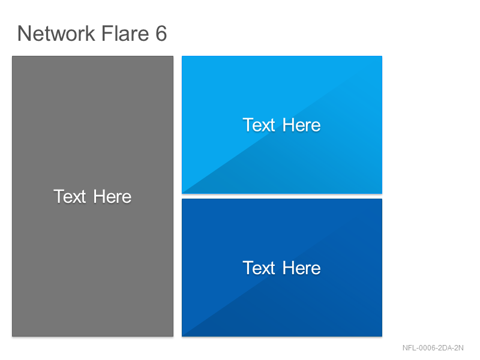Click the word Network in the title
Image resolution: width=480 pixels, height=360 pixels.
pos(56,33)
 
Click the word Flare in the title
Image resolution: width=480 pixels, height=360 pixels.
pos(125,33)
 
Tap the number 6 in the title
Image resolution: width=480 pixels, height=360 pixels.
pos(161,33)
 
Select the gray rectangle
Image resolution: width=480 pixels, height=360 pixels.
pos(93,196)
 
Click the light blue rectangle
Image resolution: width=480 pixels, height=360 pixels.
pos(282,125)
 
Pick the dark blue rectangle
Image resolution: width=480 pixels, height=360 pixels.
pos(282,268)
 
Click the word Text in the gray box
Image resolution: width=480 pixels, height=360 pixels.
pos(70,196)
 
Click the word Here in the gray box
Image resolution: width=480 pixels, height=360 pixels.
pos(112,196)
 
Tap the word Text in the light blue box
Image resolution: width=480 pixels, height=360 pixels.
pos(259,125)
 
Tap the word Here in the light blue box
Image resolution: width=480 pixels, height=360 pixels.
pos(302,125)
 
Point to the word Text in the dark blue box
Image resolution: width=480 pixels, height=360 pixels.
pos(259,268)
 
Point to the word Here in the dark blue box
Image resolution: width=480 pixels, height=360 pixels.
pos(302,268)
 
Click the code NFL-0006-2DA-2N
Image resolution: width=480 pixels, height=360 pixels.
pos(433,348)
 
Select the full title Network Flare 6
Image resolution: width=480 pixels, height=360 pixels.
pos(92,33)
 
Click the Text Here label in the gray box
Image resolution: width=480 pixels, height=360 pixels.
pos(92,196)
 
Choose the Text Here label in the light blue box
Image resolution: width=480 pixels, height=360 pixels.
pos(281,125)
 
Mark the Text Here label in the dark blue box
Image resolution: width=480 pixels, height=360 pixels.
pos(281,268)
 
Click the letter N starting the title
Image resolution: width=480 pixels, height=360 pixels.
pos(24,34)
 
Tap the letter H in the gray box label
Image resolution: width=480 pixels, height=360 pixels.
pos(98,196)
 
